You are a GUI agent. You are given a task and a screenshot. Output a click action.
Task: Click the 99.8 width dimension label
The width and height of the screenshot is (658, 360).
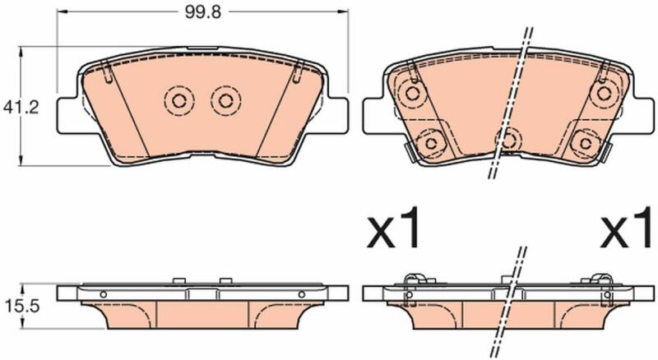(x=202, y=12)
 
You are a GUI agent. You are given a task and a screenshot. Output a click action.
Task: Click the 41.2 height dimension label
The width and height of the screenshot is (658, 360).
(x=21, y=108)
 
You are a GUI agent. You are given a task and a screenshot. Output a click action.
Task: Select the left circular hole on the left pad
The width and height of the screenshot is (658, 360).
(x=179, y=101)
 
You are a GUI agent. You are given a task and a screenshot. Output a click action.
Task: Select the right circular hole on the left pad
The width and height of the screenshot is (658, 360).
(x=225, y=101)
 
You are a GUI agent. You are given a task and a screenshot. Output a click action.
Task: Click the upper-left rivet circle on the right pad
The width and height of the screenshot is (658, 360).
(x=412, y=93)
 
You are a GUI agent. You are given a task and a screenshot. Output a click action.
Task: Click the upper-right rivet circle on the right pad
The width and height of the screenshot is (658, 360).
(x=604, y=93)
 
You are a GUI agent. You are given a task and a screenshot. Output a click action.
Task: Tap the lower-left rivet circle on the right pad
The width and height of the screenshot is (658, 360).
(x=431, y=144)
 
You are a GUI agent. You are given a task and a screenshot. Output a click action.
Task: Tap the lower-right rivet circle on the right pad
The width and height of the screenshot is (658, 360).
(x=586, y=144)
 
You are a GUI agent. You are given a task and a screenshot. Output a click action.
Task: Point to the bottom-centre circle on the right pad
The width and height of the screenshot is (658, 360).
(x=508, y=141)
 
